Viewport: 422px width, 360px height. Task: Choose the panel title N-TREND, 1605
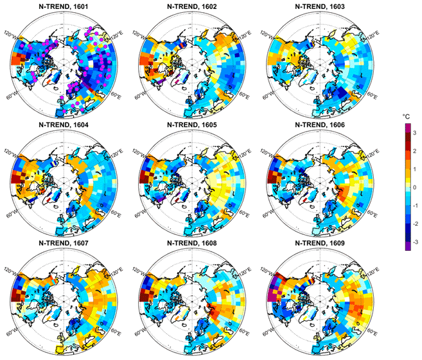pos(192,125)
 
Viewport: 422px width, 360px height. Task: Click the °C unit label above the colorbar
pos(406,117)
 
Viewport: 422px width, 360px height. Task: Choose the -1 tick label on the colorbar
pos(416,205)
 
